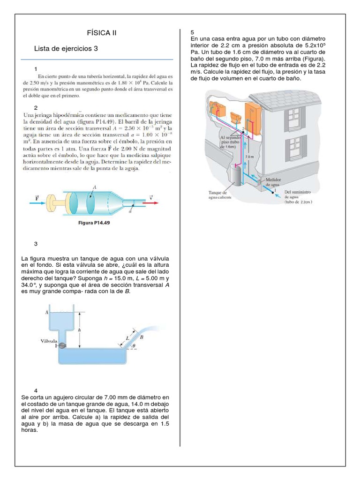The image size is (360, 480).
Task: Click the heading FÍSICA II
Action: pos(101,33)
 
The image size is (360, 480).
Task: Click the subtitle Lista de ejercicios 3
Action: pos(66,48)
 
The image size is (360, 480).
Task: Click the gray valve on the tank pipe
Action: pos(62,345)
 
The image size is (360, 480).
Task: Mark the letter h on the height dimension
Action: pos(79,330)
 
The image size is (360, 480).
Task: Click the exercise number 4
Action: pos(36,390)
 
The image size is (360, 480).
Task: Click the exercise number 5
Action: pos(193,32)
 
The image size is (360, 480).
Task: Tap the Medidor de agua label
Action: pos(275,182)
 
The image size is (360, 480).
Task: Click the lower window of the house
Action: pos(295,148)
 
